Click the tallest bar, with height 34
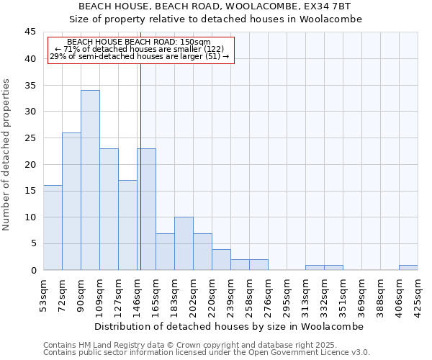tap(90, 180)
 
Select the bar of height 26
tap(71, 202)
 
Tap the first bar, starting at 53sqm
tap(53, 228)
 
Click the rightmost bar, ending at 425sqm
tap(408, 268)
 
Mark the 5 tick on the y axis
tap(32, 244)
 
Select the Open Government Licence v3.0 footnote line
tap(207, 352)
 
